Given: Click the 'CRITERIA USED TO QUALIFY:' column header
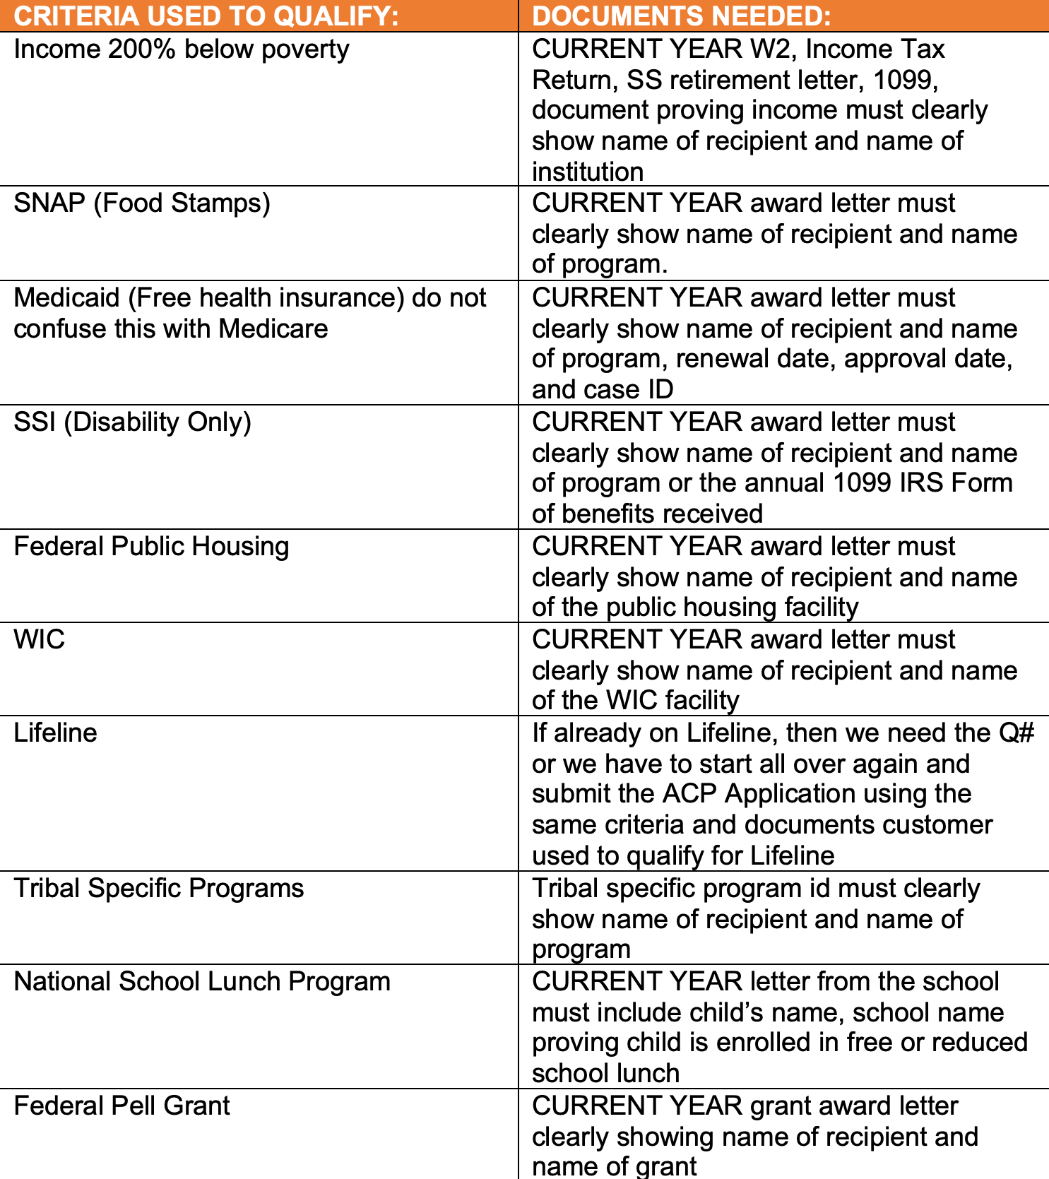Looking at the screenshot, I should tap(206, 16).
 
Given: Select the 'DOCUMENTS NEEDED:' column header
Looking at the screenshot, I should tap(681, 16).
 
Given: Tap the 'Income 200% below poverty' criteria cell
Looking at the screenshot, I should tap(182, 49).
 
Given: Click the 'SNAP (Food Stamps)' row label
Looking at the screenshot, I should tap(142, 203).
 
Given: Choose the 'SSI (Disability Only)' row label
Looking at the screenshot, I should tap(133, 422).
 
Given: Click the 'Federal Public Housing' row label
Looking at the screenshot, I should tap(151, 547).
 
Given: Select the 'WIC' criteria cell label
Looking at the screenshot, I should tap(40, 640).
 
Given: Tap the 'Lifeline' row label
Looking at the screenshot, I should tap(55, 733).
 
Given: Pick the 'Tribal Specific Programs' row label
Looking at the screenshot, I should tap(159, 889).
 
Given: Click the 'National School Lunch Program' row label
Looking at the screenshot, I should tap(202, 982).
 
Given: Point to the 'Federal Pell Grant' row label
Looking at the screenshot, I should tap(122, 1106).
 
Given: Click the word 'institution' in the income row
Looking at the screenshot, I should tap(588, 172).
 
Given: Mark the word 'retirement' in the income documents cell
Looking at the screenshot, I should tap(721, 81).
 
